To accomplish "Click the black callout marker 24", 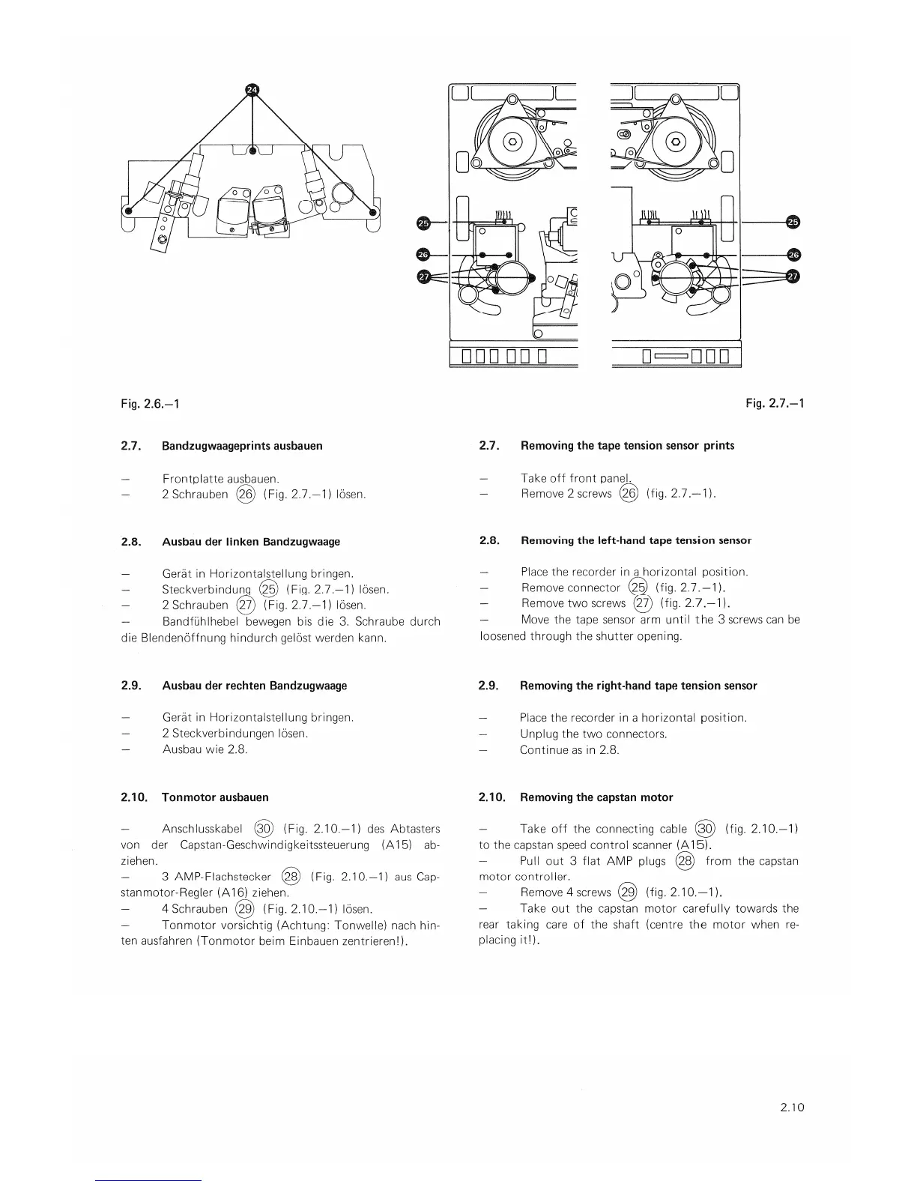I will [x=252, y=90].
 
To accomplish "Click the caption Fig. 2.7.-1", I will [x=775, y=404].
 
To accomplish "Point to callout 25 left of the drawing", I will [x=423, y=223].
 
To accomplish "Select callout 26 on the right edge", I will [x=793, y=255].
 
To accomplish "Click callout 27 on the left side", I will [x=423, y=277].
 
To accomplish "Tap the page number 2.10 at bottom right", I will [x=790, y=1106].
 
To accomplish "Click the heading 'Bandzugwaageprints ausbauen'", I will [x=242, y=446].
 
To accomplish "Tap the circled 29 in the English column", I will [x=627, y=892].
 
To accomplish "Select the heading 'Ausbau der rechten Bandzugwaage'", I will [x=254, y=686].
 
